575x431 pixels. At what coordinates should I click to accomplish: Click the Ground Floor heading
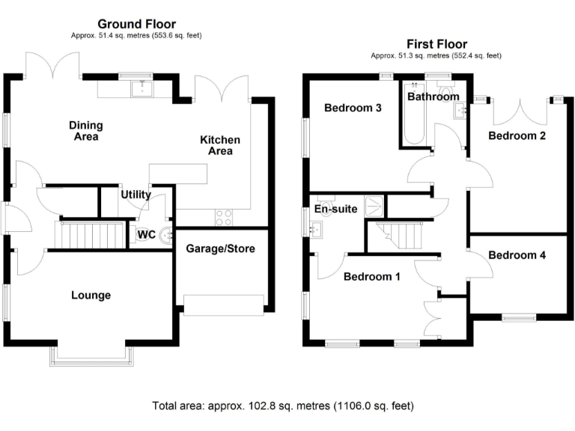[x=136, y=25]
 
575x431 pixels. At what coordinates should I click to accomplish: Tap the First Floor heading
[x=436, y=43]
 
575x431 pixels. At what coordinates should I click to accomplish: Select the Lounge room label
[x=91, y=296]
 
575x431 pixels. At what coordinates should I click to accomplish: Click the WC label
[x=146, y=235]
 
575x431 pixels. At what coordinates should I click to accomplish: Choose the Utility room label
[x=136, y=195]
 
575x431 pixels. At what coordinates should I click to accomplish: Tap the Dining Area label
[x=86, y=131]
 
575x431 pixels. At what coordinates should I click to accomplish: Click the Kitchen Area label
[x=220, y=145]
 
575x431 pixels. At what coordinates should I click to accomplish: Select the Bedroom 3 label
[x=353, y=108]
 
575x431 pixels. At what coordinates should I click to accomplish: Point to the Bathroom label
[x=432, y=97]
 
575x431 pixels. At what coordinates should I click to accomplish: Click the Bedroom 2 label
[x=517, y=135]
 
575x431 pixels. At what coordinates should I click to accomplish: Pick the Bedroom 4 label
[x=517, y=255]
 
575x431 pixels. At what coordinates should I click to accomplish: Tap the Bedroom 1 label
[x=371, y=277]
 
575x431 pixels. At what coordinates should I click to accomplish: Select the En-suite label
[x=336, y=210]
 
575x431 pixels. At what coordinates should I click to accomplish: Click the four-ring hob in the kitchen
[x=224, y=217]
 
